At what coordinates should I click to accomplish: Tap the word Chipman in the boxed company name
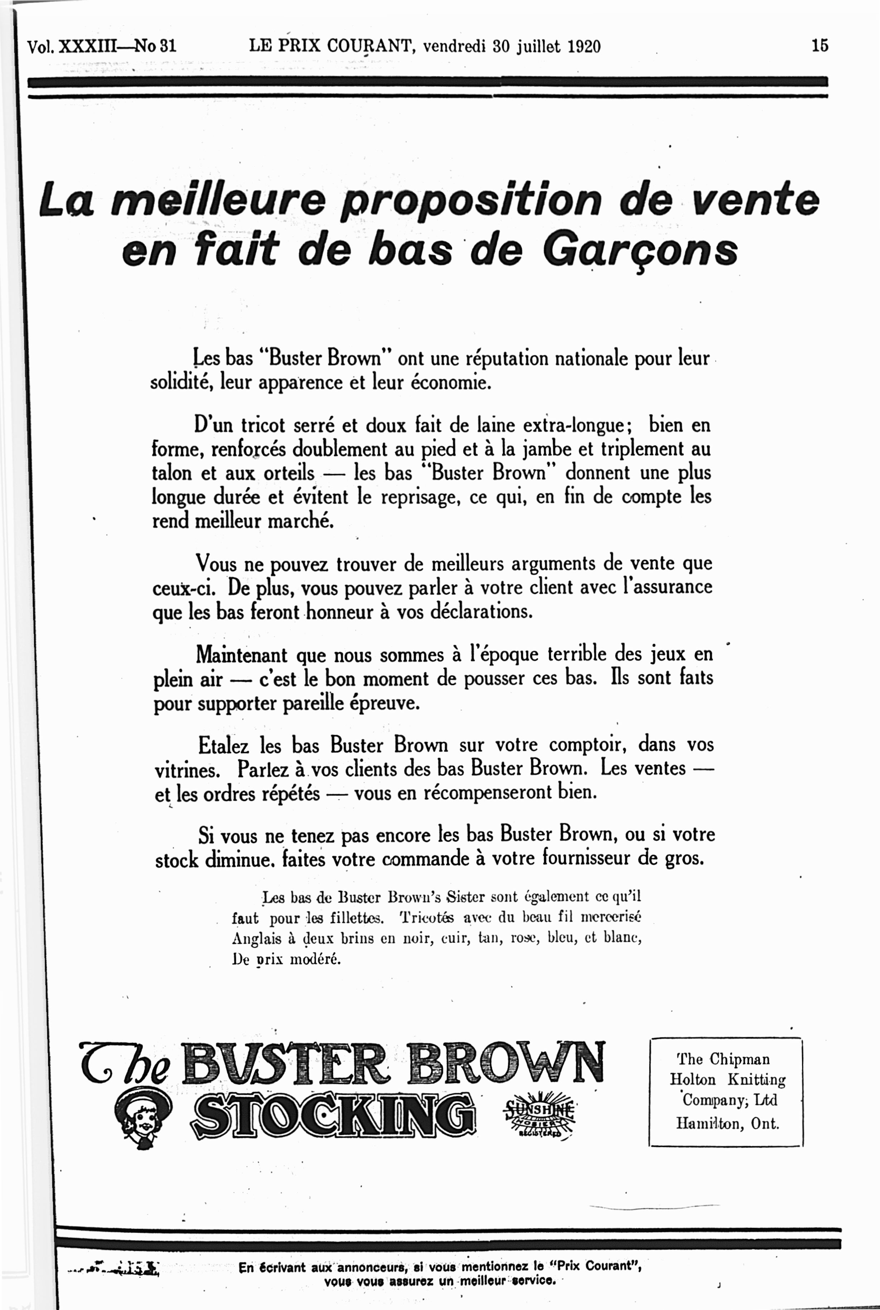point(740,1059)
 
